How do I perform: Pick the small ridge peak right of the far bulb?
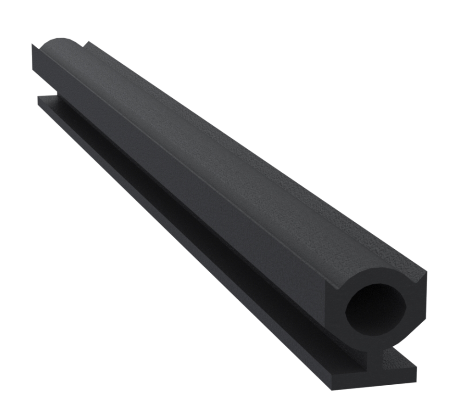pos(86,42)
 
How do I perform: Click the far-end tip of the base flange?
pos(39,97)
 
